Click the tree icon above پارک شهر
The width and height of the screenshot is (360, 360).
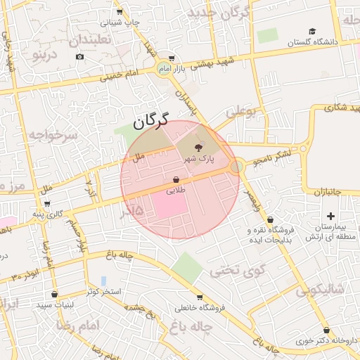pyautogui.click(x=198, y=148)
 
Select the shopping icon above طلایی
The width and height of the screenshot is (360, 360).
pyautogui.click(x=175, y=179)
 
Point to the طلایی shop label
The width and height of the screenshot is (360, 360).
pyautogui.click(x=175, y=191)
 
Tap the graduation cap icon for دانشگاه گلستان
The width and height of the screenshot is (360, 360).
pyautogui.click(x=312, y=31)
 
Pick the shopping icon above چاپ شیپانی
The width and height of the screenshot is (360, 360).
pyautogui.click(x=120, y=11)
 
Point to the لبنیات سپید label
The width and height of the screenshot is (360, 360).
pyautogui.click(x=56, y=305)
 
